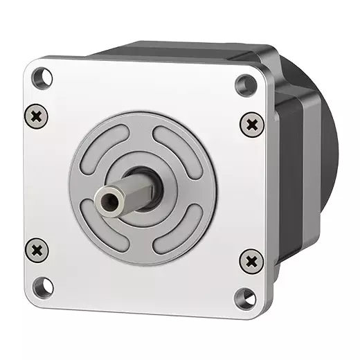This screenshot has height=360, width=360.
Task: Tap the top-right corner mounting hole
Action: pyautogui.click(x=246, y=84)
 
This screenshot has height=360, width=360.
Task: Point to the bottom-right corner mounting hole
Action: pyautogui.click(x=244, y=298)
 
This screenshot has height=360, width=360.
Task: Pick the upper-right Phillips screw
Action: pyautogui.click(x=252, y=125)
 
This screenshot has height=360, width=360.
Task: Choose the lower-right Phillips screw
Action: pyautogui.click(x=251, y=262)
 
